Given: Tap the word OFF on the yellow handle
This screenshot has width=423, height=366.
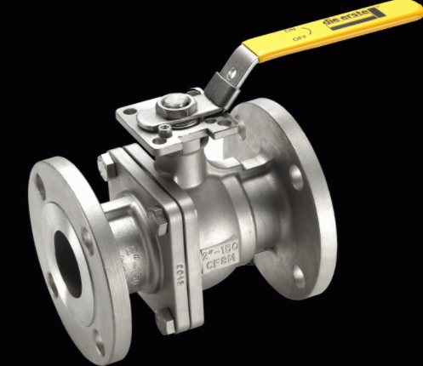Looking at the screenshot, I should pyautogui.click(x=299, y=39).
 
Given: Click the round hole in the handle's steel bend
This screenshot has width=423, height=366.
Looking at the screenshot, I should pyautogui.click(x=230, y=74).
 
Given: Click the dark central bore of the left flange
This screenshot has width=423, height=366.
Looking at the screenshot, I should pyautogui.click(x=69, y=263).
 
